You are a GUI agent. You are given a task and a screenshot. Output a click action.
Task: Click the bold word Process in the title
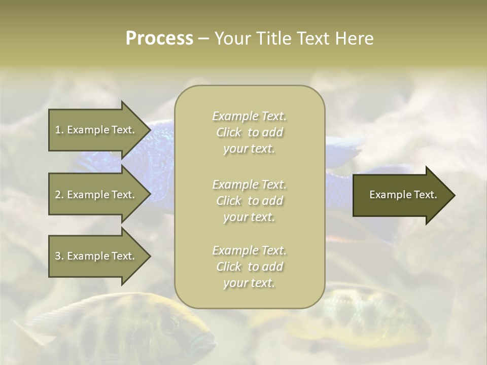click(x=159, y=39)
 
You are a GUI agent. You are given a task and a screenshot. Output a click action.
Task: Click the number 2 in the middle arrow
click(x=58, y=195)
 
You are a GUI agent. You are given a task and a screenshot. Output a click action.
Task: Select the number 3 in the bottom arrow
click(x=58, y=256)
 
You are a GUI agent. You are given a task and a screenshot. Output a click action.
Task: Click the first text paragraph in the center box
click(x=249, y=132)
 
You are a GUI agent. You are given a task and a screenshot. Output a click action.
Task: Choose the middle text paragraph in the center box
click(x=249, y=201)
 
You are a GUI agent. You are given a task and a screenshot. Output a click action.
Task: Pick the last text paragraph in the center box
click(x=249, y=267)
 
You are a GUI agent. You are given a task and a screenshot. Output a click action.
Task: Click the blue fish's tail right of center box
click(x=345, y=147)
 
